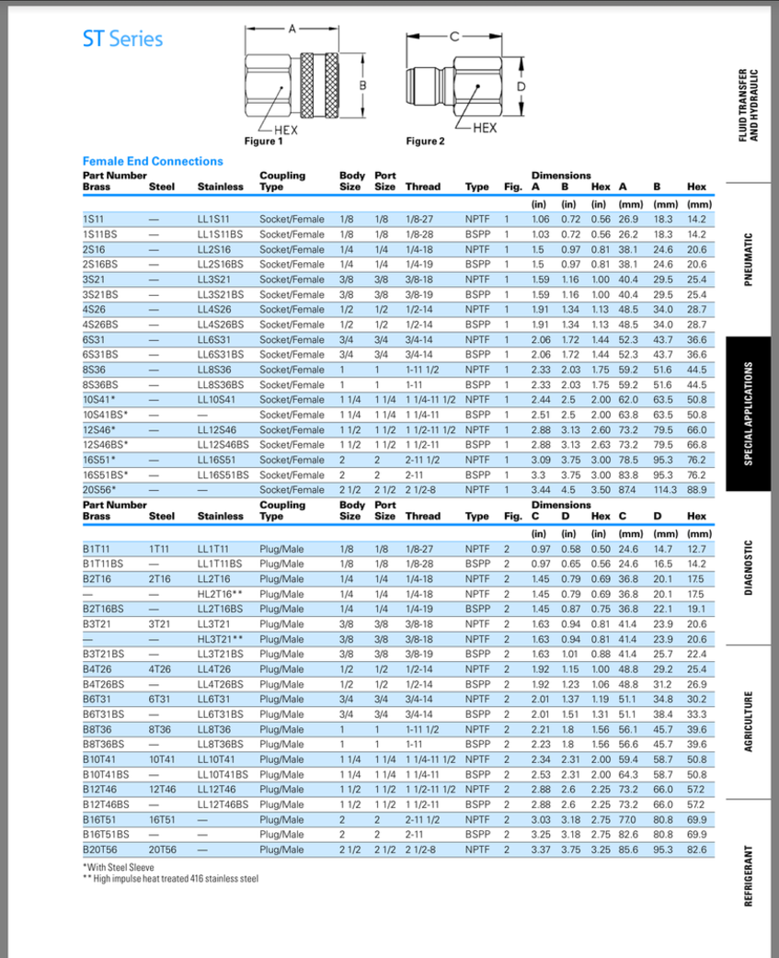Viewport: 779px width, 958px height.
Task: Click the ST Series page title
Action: [122, 39]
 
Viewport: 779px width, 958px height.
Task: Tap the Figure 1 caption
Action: [263, 142]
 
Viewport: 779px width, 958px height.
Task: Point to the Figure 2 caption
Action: [425, 142]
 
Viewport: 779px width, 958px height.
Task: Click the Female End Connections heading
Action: [153, 161]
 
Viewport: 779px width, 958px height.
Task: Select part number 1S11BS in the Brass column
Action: [97, 234]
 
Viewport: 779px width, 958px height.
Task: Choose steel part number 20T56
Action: [161, 850]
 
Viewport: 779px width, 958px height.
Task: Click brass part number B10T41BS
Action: [106, 774]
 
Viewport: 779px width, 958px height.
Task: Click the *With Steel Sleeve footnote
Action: [119, 867]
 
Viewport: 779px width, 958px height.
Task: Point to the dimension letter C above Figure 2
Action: [453, 38]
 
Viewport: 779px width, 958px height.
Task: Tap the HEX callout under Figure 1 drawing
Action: [273, 130]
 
